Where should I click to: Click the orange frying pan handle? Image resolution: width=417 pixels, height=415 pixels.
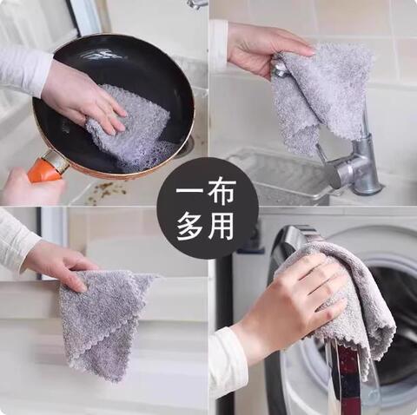point(46,165)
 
